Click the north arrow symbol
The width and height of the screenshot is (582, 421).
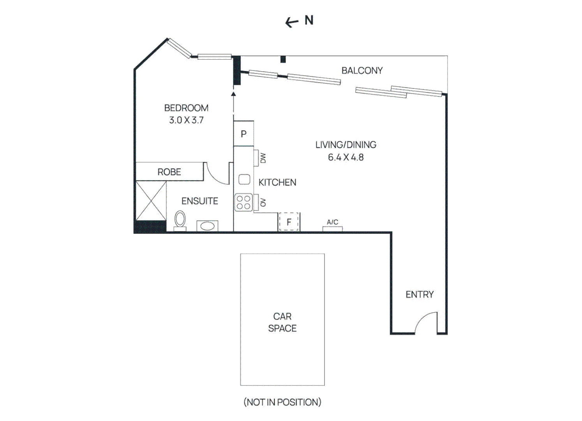click(x=292, y=22)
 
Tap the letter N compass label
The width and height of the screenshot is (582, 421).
click(x=309, y=20)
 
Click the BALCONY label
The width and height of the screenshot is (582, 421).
click(x=362, y=71)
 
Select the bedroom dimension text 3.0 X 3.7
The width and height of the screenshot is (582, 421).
click(x=186, y=120)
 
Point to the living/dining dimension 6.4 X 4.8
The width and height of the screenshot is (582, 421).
click(x=346, y=157)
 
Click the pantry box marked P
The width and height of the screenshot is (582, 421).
click(x=243, y=134)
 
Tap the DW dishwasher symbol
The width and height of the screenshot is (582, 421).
click(x=263, y=158)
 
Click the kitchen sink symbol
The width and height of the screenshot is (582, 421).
click(x=244, y=180)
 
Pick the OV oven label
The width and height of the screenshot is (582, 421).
click(x=263, y=202)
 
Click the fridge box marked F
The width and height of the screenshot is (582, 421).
click(x=289, y=222)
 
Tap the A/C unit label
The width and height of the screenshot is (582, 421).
click(x=332, y=222)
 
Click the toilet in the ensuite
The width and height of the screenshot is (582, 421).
click(x=180, y=220)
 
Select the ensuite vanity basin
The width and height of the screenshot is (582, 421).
click(x=207, y=226)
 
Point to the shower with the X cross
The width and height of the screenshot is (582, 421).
click(x=151, y=200)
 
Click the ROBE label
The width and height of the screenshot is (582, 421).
click(x=169, y=172)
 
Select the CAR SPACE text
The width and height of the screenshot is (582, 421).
click(x=282, y=322)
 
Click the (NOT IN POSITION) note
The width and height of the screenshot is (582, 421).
click(x=282, y=402)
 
